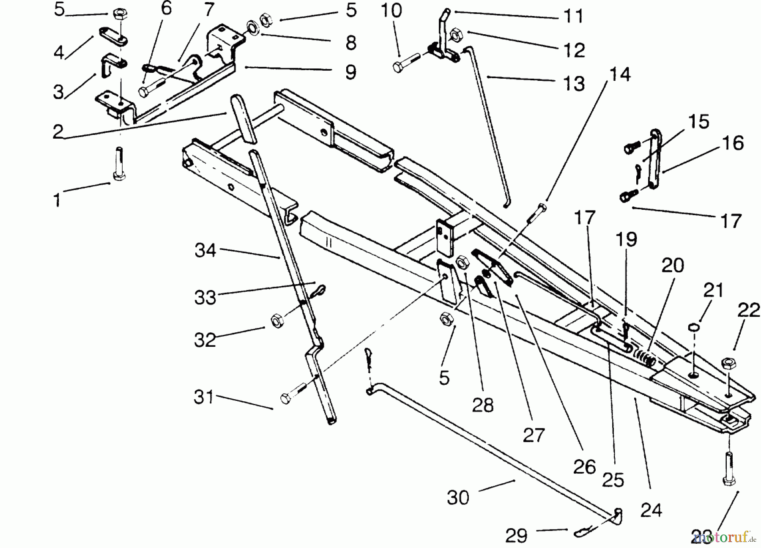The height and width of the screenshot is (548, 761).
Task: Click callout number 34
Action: [205, 250]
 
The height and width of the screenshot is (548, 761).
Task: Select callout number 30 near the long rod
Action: [458, 498]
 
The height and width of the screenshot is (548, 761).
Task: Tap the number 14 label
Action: [620, 74]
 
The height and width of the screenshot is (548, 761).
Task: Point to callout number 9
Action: [350, 72]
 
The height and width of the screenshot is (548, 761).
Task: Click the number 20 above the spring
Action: [672, 266]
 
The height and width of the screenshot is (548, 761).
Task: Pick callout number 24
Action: [651, 510]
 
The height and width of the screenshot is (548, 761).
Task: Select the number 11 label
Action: [574, 16]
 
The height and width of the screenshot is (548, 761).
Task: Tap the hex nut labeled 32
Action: [276, 321]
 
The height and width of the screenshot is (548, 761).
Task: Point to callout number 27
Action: [534, 435]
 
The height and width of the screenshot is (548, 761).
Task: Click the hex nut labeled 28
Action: [462, 263]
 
